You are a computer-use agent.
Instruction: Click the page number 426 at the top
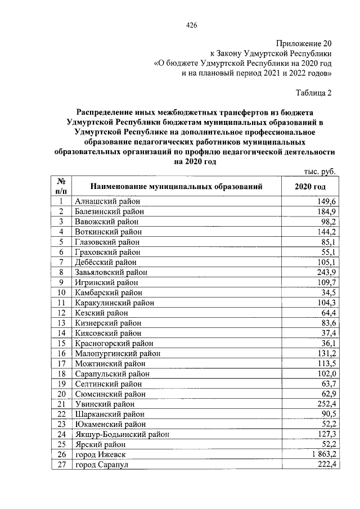[x=191, y=25]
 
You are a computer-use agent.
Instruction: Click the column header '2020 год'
[x=310, y=186]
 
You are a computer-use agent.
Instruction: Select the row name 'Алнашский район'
[x=106, y=201]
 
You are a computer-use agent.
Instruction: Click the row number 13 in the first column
[x=62, y=323]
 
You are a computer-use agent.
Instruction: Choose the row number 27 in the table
[x=62, y=465]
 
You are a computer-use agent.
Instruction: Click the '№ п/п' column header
[x=62, y=186]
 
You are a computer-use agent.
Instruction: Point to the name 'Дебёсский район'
[x=105, y=262]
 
